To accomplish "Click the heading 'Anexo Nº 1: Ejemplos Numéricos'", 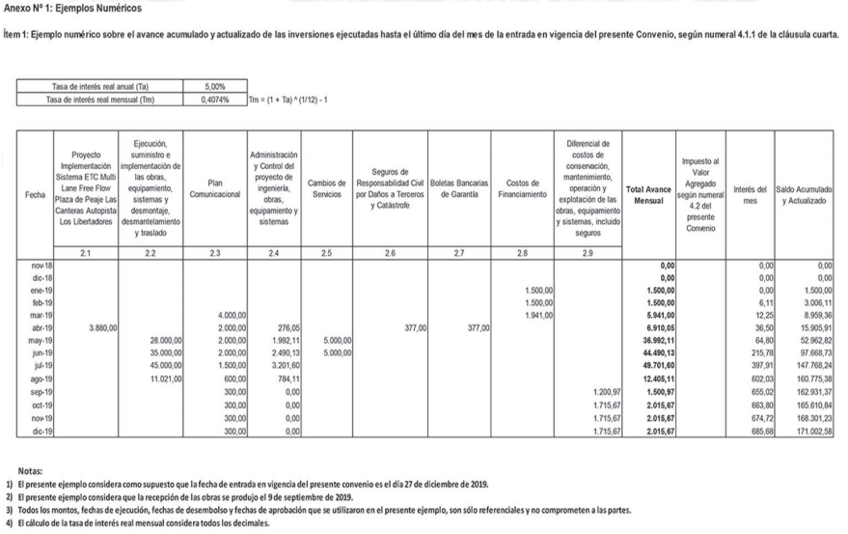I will coord(72,9).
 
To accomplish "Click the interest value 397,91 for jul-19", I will coord(760,367).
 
